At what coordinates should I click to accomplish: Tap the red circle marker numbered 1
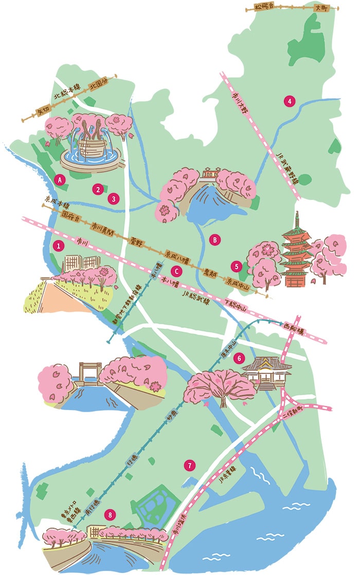pos(59,246)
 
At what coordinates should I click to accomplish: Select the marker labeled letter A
pos(60,180)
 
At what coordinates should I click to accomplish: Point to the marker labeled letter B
pos(215,239)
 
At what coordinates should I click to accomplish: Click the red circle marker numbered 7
pos(190,466)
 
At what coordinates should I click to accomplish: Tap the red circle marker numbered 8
pos(109,514)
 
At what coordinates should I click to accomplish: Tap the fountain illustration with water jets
pos(91,144)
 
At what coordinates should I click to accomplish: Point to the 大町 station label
pos(321,8)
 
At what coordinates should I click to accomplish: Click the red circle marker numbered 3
pos(113,197)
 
